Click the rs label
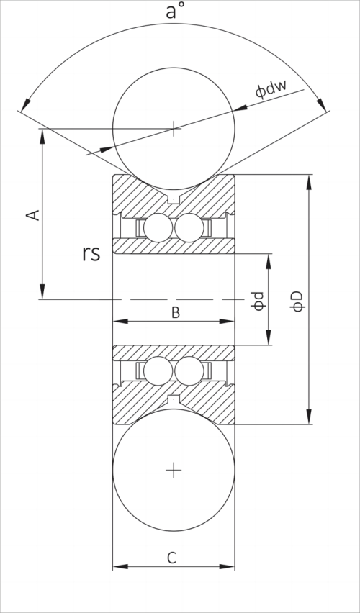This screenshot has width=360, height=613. click(91, 253)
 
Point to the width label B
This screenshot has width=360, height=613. click(174, 312)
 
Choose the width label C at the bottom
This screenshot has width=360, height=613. click(172, 557)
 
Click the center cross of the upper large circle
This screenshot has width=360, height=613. click(174, 129)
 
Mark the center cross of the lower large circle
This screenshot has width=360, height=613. click(174, 470)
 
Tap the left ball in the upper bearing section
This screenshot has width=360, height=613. click(158, 228)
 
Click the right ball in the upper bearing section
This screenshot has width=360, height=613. click(189, 228)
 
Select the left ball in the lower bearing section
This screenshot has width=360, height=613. click(158, 371)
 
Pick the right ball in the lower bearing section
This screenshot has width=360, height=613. click(189, 371)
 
